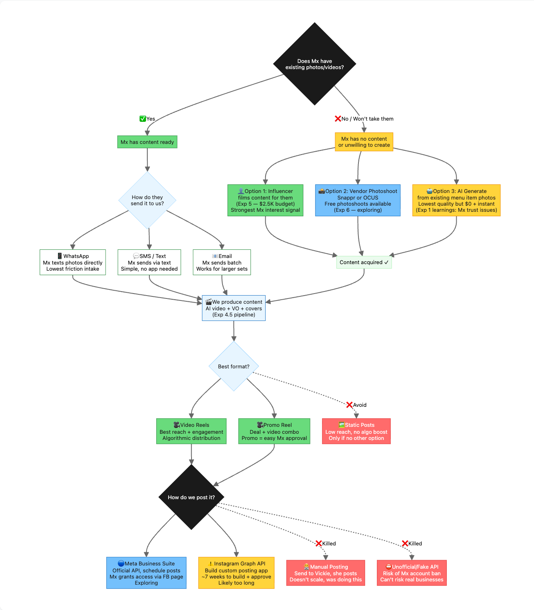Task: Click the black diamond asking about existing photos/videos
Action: pos(314,64)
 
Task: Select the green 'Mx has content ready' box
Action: pos(147,142)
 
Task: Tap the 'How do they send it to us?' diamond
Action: pos(147,200)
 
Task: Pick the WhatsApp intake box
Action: pos(72,262)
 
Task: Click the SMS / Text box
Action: pos(149,262)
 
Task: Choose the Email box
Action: pos(222,262)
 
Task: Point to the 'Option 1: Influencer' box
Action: pos(265,200)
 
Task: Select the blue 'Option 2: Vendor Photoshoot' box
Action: pos(358,200)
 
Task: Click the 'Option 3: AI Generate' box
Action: pos(456,200)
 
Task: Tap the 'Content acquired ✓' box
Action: pos(364,262)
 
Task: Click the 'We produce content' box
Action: pos(234,308)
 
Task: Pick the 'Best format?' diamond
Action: pos(234,366)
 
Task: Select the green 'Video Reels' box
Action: pos(191,431)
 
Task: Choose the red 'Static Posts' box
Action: pos(356,431)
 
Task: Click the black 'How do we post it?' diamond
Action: pos(191,497)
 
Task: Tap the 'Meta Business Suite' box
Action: pos(146,573)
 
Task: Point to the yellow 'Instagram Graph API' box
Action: pos(236,573)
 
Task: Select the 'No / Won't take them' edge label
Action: pos(364,119)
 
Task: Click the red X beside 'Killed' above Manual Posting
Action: pos(319,543)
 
